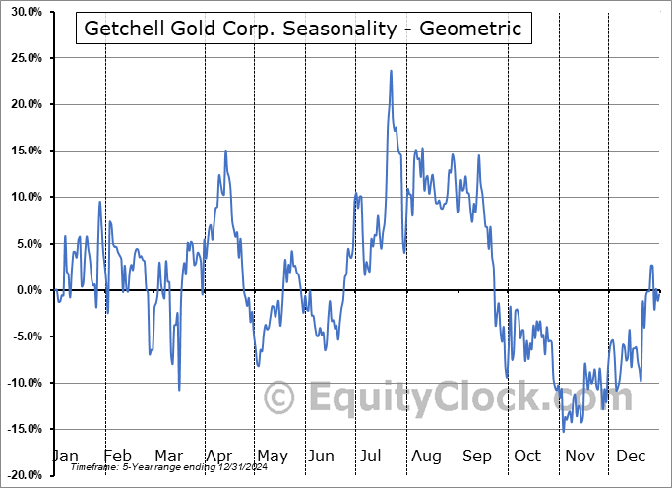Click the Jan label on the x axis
tap(64, 457)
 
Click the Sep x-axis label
tap(477, 457)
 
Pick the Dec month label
tap(631, 457)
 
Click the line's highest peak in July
tap(391, 71)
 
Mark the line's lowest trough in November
tap(564, 431)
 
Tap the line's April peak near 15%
tap(225, 151)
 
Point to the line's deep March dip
tap(179, 390)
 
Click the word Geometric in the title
tap(474, 28)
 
